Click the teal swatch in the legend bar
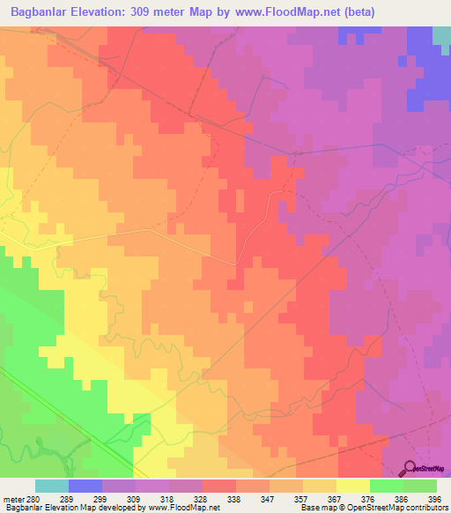(52, 486)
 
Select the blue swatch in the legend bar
(85, 486)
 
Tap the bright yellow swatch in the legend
(353, 486)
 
